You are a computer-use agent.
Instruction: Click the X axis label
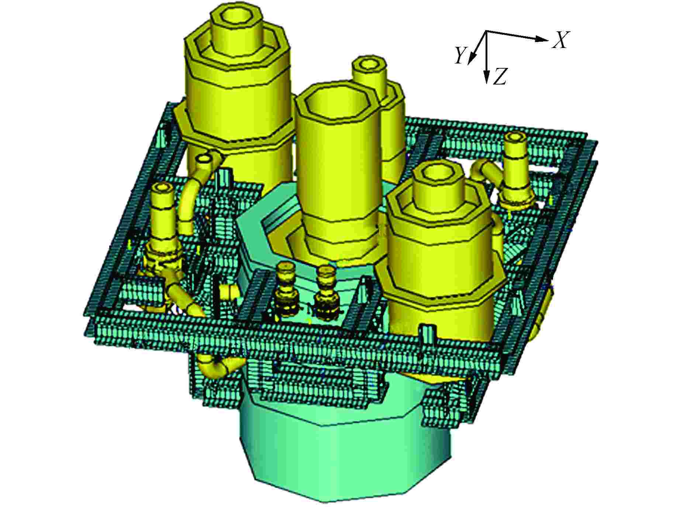(560, 40)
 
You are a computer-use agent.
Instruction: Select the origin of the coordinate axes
(486, 31)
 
